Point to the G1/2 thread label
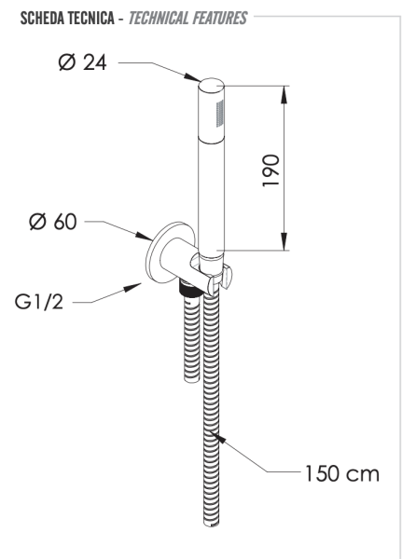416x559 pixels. click(x=42, y=302)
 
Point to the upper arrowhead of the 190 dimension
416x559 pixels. click(x=281, y=90)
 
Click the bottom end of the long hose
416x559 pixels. click(x=212, y=528)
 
